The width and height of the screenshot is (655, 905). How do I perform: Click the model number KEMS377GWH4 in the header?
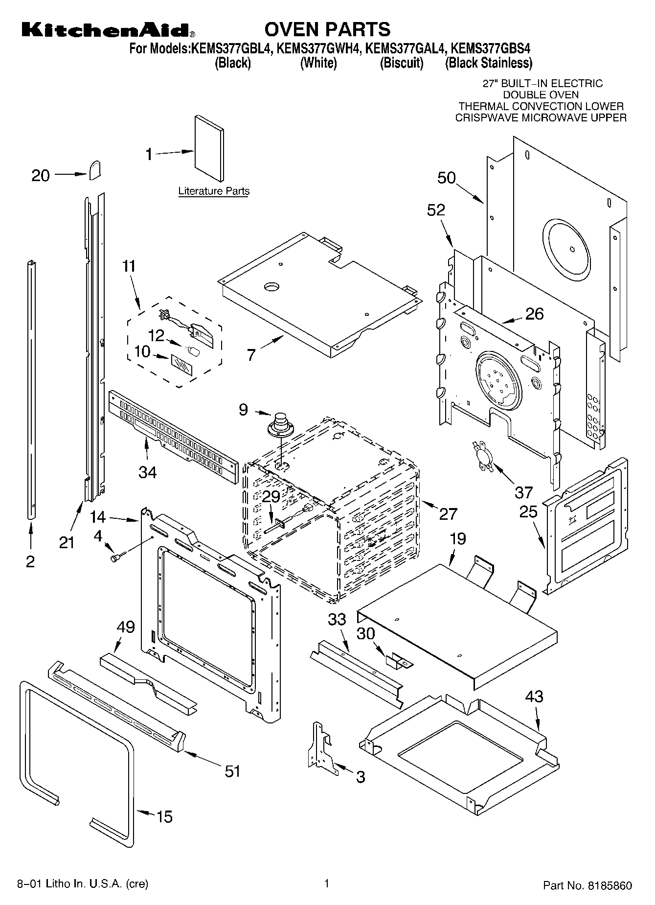(318, 48)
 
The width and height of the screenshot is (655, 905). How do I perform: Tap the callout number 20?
(41, 175)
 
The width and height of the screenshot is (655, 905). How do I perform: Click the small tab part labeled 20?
(95, 170)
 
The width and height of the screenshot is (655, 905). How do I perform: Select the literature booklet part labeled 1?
(209, 148)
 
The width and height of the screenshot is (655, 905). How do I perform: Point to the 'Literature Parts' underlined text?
(214, 191)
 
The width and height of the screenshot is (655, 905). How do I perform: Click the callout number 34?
(147, 472)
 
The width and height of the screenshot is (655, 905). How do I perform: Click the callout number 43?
(534, 696)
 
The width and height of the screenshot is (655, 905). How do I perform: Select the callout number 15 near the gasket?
(165, 816)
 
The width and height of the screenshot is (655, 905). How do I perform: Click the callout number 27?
(448, 513)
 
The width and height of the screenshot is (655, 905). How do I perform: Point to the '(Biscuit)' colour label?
(401, 63)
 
